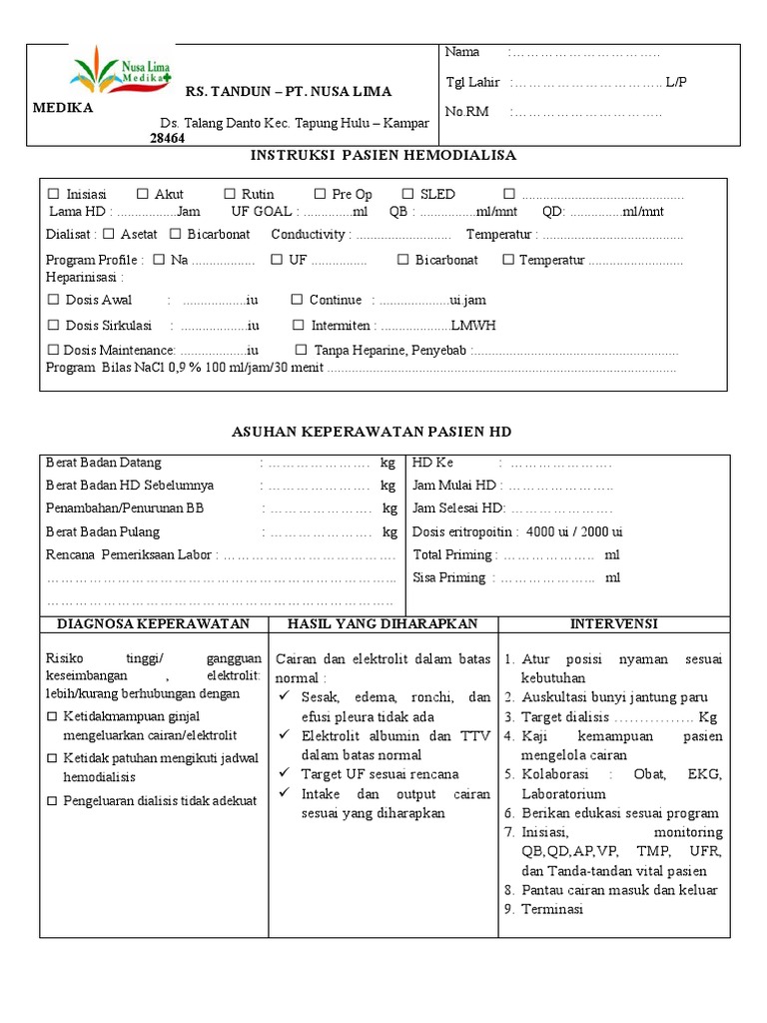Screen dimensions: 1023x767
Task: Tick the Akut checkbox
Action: (143, 194)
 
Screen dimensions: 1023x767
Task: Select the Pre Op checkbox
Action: (320, 194)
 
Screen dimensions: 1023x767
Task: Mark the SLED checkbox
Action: (408, 194)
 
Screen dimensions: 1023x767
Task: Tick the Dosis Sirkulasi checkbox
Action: (54, 326)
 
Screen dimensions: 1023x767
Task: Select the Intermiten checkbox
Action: (299, 326)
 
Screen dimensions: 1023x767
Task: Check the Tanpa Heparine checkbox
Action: (302, 350)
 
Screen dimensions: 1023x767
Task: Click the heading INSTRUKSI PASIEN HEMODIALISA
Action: (383, 156)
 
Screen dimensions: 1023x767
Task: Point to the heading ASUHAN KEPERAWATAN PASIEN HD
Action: (372, 432)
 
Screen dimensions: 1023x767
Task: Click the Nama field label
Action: (462, 52)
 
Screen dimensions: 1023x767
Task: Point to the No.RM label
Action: (467, 112)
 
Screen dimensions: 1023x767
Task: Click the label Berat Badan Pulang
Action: (103, 532)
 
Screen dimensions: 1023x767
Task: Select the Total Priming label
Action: (453, 554)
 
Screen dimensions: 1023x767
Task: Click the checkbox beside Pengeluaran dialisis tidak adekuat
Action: (53, 801)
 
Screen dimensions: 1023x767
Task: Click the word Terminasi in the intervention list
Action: (552, 909)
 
